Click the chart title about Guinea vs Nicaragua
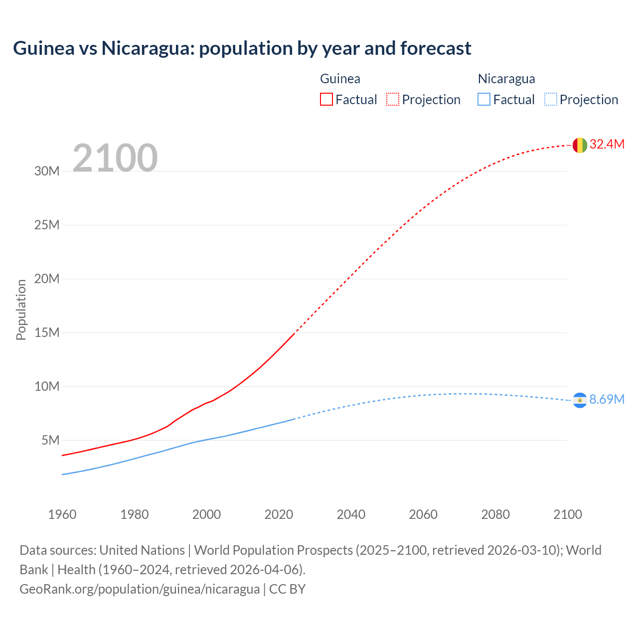tap(242, 48)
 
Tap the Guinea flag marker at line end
tap(580, 145)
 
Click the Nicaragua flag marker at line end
tap(580, 400)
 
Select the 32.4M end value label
tap(607, 145)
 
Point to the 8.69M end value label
tap(607, 400)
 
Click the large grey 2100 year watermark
tap(115, 158)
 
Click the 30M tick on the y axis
tap(47, 171)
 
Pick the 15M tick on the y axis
tap(47, 332)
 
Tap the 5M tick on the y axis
tap(50, 441)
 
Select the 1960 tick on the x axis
tap(62, 514)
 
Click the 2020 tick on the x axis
tap(279, 514)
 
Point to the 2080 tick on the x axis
tap(495, 514)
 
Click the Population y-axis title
tap(21, 310)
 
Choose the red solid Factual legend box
tap(326, 100)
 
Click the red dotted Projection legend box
tap(393, 100)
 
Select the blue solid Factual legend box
tap(484, 100)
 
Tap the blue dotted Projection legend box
tap(551, 100)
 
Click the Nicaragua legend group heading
tap(506, 79)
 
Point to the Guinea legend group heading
tap(340, 79)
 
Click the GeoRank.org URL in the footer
tap(140, 589)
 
